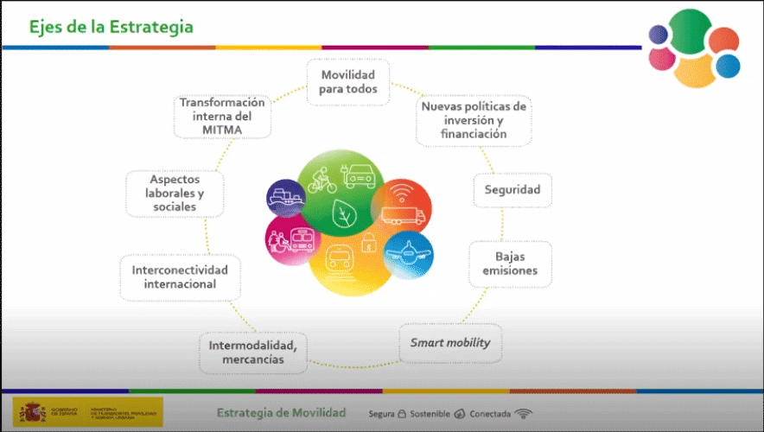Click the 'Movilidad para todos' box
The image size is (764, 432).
pos(347,82)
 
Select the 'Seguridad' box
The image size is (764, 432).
pos(512,190)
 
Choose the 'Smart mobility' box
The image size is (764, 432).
pos(450,343)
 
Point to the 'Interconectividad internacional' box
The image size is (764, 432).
pos(180,276)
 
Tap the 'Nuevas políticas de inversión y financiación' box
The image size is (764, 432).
pos(473,121)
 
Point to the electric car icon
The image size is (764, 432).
pos(359,176)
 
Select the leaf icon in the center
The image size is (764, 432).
pos(346,213)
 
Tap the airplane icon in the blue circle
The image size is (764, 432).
pos(408,253)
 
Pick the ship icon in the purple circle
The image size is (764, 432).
pos(284,199)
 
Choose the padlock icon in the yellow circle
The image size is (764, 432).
pos(367,242)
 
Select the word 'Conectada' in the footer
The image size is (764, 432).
pos(489,414)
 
